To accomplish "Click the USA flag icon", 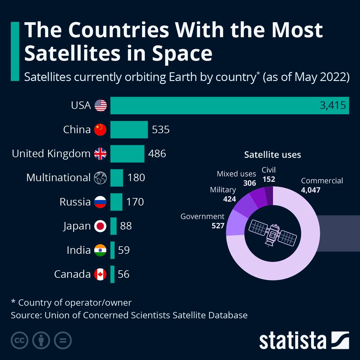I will tap(100, 106).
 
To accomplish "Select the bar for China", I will tap(129, 130).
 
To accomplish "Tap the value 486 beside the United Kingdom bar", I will tap(157, 154).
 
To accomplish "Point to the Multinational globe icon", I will tap(100, 178).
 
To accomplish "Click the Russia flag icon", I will tap(100, 202).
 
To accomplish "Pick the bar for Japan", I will tap(113, 226).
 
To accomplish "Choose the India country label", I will tap(79, 250).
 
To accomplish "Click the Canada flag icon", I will tap(100, 274).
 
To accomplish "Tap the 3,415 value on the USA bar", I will tap(333, 106).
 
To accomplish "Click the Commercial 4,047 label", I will tap(322, 185).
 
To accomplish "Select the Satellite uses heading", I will tap(272, 155).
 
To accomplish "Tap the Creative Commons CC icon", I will tap(19, 340).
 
